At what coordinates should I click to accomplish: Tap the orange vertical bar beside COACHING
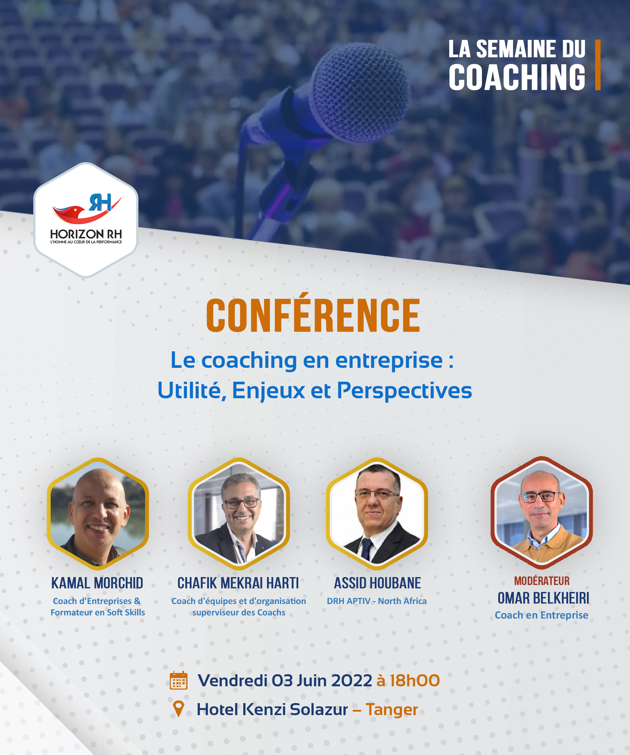point(598,65)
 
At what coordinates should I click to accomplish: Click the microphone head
point(360,93)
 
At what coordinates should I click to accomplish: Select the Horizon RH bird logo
point(87,209)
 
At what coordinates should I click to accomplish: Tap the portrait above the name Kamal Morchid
point(98,514)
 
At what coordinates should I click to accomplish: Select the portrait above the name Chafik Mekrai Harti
point(239,514)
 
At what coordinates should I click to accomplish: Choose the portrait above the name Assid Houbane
point(377,514)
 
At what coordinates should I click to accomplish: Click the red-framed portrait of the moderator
point(542,513)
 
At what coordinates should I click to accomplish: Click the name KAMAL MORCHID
point(97,583)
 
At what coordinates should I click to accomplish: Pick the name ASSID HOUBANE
point(378,583)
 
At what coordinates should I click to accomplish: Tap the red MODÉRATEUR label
point(542,581)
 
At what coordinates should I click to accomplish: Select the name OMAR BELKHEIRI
point(543,598)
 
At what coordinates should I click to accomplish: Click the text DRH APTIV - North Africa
point(377,601)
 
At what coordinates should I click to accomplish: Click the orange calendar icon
point(178,680)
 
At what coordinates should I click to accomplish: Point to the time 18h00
point(415,681)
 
